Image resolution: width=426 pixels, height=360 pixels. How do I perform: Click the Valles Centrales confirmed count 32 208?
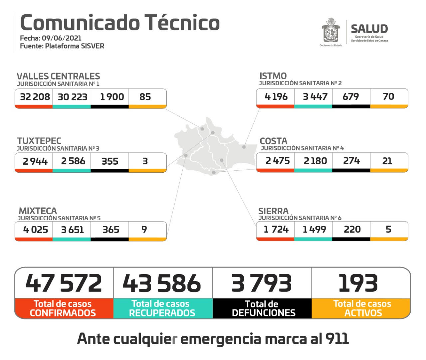tap(35, 97)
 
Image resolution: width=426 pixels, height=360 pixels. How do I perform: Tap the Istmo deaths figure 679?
tap(351, 96)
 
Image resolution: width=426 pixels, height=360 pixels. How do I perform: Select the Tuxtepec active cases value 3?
tap(145, 161)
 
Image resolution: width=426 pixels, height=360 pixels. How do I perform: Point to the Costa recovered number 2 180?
tap(315, 161)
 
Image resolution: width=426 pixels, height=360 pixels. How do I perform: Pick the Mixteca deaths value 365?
tap(110, 230)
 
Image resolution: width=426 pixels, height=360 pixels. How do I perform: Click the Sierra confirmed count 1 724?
tap(276, 229)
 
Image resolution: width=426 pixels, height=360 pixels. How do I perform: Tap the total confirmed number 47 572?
tap(64, 283)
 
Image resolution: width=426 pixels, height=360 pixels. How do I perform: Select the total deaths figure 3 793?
tap(262, 283)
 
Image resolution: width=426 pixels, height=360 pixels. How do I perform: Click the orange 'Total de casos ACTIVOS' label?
tap(362, 308)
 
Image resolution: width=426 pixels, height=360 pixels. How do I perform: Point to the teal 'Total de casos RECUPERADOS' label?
tap(162, 308)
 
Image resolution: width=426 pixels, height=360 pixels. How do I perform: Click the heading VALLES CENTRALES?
tap(58, 76)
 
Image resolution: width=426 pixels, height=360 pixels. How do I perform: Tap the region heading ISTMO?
tap(273, 76)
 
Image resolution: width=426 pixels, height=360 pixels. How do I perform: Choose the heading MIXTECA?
tap(38, 211)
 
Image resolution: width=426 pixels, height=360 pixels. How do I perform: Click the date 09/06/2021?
tap(62, 38)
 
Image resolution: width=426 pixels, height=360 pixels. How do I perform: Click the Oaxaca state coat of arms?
tap(330, 31)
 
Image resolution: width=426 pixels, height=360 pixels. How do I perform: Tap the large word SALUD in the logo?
tap(369, 29)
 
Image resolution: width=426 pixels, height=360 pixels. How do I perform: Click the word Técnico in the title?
tap(182, 23)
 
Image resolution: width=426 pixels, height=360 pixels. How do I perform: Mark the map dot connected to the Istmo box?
tap(244, 147)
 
